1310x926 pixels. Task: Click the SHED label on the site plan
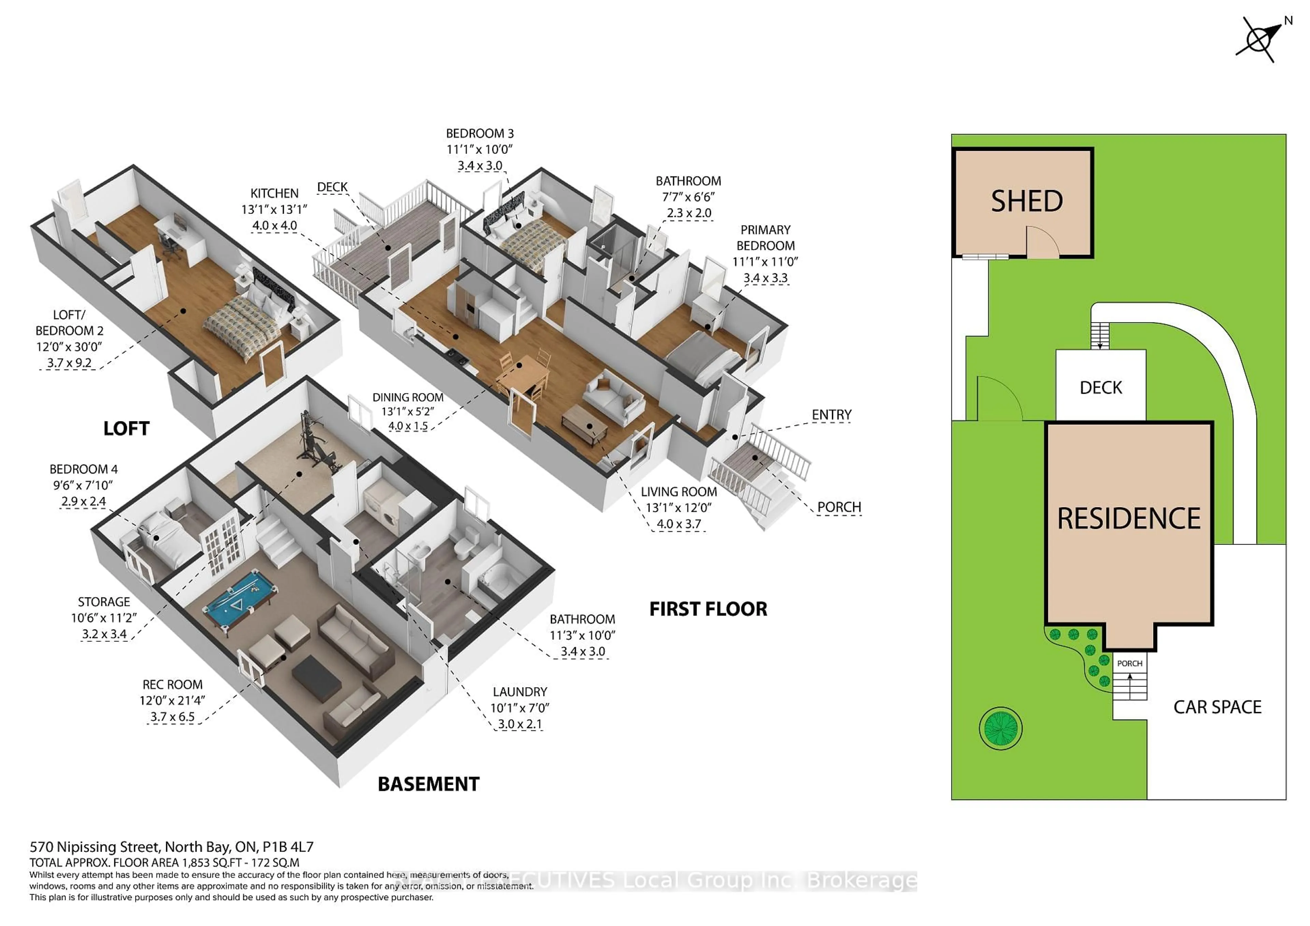pyautogui.click(x=1027, y=201)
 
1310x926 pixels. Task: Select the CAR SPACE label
pyautogui.click(x=1217, y=707)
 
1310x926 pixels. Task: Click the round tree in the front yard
pyautogui.click(x=1000, y=728)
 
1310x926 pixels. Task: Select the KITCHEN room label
pyautogui.click(x=274, y=193)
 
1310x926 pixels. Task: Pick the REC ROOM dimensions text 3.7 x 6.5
pyautogui.click(x=172, y=717)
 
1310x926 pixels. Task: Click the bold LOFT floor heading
pyautogui.click(x=126, y=429)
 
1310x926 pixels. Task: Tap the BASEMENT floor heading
pyautogui.click(x=428, y=784)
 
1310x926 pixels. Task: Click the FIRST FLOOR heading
pyautogui.click(x=708, y=609)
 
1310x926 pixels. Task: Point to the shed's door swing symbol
pyautogui.click(x=1042, y=243)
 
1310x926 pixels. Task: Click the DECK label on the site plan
pyautogui.click(x=1101, y=388)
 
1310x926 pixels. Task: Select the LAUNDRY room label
pyautogui.click(x=520, y=692)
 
